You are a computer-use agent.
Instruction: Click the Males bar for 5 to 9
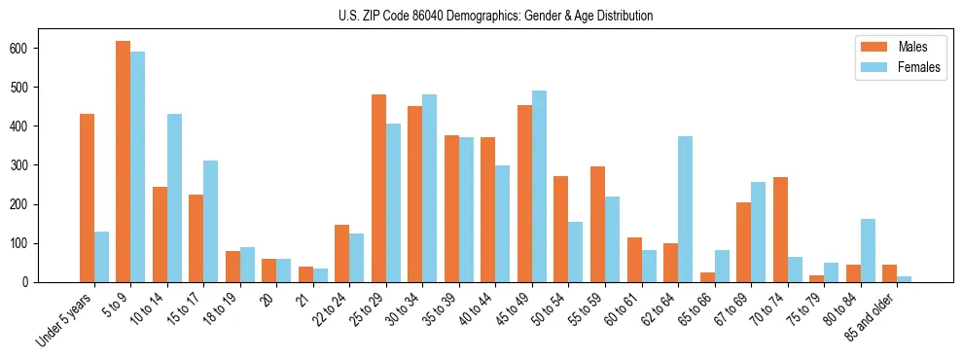pos(124,162)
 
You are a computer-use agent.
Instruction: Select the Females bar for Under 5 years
pos(101,257)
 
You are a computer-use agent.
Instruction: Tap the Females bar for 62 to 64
pos(685,209)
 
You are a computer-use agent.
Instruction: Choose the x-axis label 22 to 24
pos(332,308)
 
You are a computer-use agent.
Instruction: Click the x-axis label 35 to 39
pos(442,308)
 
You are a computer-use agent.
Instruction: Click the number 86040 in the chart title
pos(451,16)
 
